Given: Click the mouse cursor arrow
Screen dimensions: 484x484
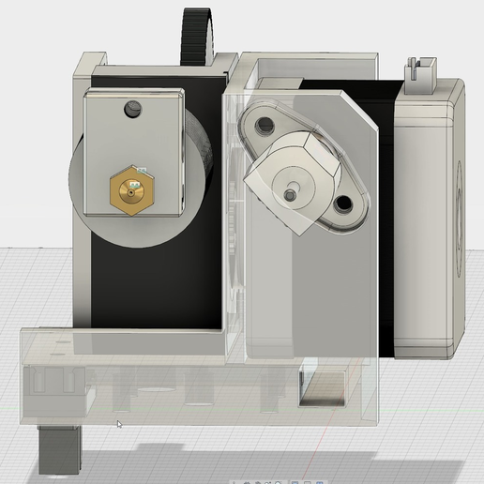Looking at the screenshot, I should coord(118,425).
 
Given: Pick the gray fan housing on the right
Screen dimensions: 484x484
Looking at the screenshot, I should coord(428,216).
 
